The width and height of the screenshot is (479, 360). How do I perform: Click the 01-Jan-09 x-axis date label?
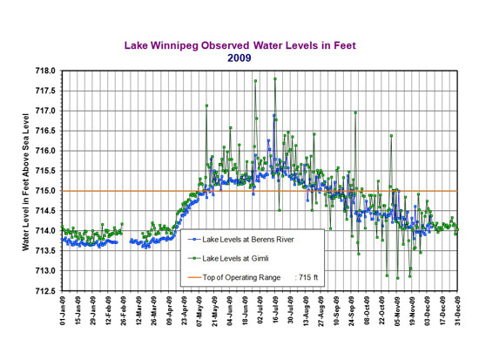(x=64, y=312)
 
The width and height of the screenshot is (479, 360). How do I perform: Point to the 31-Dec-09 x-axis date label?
(x=457, y=312)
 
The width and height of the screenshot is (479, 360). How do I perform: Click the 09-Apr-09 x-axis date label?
(x=169, y=312)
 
